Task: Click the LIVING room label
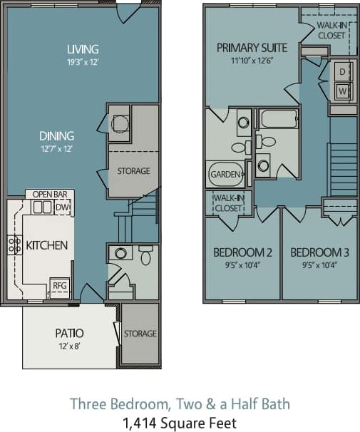coord(82,49)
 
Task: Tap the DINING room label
coord(58,135)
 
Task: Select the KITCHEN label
coord(46,245)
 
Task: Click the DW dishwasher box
coord(63,207)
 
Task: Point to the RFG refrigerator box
coord(59,286)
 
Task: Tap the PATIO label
coord(70,333)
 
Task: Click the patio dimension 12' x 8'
coord(70,346)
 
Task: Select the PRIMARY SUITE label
coord(252,48)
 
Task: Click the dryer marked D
coord(341,72)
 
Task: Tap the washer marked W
coord(341,91)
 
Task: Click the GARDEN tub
coord(225,174)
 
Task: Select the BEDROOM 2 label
coord(243,252)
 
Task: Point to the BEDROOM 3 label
coord(319,252)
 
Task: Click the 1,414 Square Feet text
coord(180,422)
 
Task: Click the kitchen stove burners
coord(14,245)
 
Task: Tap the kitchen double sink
coord(42,207)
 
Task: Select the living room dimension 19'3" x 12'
coord(82,61)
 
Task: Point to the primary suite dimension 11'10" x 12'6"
coord(252,61)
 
